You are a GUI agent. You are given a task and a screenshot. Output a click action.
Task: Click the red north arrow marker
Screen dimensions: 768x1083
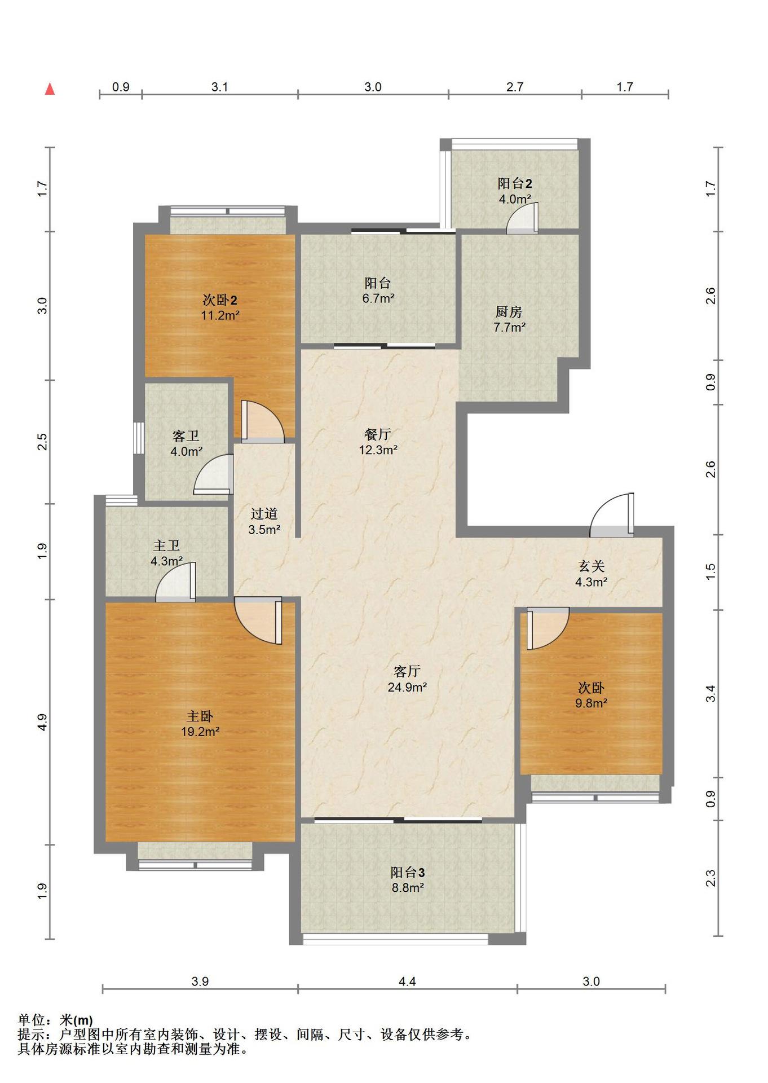click(50, 89)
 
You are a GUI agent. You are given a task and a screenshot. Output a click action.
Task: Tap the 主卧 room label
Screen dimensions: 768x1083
click(200, 716)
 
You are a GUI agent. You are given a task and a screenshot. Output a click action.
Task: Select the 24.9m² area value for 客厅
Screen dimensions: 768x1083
click(407, 687)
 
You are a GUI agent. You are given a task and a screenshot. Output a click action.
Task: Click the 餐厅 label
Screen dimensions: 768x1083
click(378, 434)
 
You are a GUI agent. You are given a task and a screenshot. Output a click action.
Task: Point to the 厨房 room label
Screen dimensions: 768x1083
click(509, 311)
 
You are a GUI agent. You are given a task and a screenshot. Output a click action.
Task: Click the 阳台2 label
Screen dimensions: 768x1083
click(515, 183)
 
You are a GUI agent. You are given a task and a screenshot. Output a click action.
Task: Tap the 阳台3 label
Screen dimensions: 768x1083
click(408, 872)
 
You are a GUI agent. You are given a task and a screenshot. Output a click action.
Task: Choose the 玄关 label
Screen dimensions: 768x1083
click(591, 566)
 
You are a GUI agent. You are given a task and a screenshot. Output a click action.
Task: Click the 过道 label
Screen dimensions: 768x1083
click(264, 514)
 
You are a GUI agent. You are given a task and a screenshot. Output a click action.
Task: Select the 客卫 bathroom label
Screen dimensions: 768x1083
click(186, 436)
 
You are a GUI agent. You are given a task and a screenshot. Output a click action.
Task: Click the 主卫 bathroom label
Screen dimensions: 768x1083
click(166, 545)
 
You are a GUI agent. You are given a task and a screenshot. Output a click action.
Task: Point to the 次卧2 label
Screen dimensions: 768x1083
click(219, 300)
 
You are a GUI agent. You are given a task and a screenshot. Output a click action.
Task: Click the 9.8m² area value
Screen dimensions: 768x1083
click(591, 703)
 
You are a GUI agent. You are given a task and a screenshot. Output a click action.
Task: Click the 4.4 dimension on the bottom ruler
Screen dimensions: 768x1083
click(407, 981)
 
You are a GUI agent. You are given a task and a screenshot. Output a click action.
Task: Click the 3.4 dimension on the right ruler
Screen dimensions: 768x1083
click(710, 693)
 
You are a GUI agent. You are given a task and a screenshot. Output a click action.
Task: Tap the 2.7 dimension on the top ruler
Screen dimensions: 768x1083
click(515, 87)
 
